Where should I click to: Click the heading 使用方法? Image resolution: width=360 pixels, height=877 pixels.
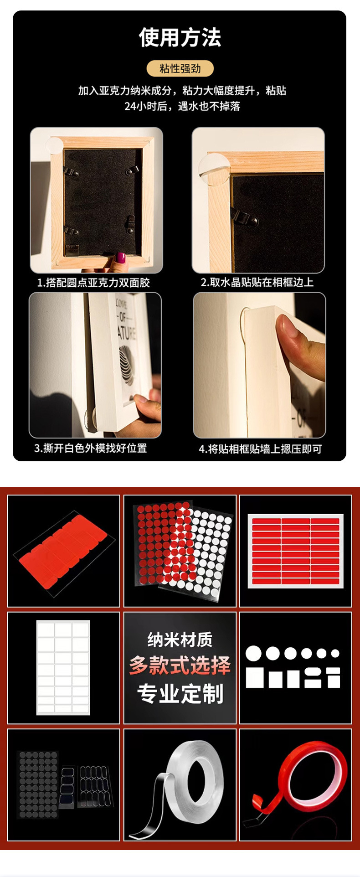click(180, 37)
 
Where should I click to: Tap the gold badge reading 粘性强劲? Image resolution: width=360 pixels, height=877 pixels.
click(180, 68)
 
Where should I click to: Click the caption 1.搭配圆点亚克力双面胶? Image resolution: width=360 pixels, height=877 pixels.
click(93, 283)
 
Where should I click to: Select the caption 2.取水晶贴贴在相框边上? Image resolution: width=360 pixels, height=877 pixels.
click(257, 282)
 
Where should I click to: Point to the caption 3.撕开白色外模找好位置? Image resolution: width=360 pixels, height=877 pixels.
click(91, 448)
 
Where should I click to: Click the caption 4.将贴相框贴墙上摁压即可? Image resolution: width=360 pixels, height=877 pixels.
click(260, 449)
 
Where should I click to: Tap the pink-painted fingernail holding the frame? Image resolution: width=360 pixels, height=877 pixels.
click(121, 258)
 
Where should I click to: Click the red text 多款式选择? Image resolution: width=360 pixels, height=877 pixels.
click(180, 665)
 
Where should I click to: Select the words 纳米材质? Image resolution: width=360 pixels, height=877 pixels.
click(180, 640)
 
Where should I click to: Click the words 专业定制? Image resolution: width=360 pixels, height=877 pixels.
click(180, 694)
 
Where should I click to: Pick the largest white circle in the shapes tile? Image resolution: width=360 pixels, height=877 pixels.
click(254, 653)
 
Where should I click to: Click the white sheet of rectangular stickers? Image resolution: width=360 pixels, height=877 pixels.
click(63, 667)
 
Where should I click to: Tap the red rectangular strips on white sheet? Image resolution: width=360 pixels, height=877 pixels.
click(295, 551)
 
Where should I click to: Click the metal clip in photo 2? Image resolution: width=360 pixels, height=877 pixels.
click(247, 218)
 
